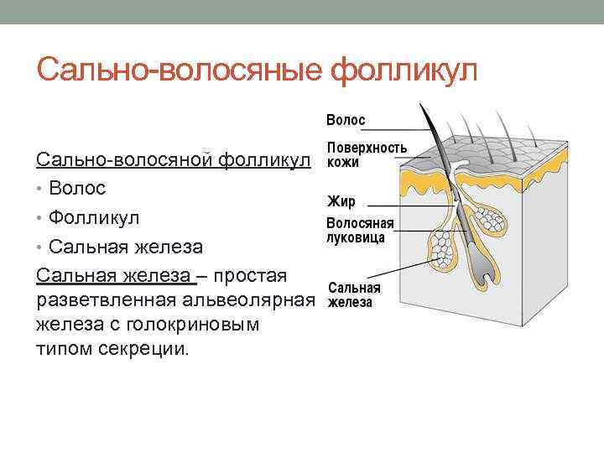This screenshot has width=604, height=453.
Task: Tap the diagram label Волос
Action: click(346, 120)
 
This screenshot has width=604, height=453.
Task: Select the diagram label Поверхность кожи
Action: click(367, 154)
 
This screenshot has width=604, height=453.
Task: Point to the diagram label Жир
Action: click(341, 202)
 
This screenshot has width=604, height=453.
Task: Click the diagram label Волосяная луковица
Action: click(359, 231)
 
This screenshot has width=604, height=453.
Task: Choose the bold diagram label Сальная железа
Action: click(353, 294)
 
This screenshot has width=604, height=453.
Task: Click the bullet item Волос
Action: click(77, 187)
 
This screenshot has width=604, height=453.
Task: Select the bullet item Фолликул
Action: click(94, 217)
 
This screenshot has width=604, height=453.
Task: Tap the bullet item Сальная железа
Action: click(126, 247)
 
